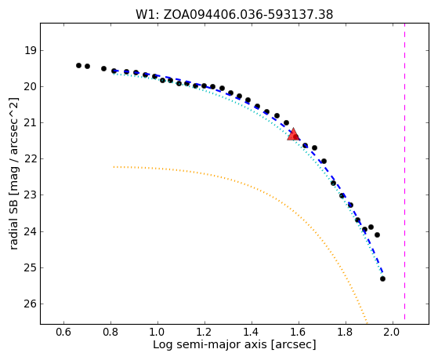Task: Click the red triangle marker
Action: point(293,134)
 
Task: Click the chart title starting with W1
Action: point(234,14)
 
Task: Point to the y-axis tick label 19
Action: point(30,51)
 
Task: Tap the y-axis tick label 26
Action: point(30,304)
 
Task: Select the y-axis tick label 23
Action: point(30,195)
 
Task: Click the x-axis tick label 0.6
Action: point(63,332)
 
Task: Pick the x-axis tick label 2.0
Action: point(393,332)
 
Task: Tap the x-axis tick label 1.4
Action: point(252,332)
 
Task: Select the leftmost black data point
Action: point(78,65)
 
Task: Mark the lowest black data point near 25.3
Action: point(382,278)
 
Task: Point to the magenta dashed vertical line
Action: point(405,171)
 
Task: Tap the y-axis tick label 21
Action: point(30,123)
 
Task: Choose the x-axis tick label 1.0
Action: point(157,332)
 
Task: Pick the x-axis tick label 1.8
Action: point(346,332)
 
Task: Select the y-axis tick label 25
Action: point(30,268)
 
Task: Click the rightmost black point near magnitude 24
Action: point(377,235)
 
